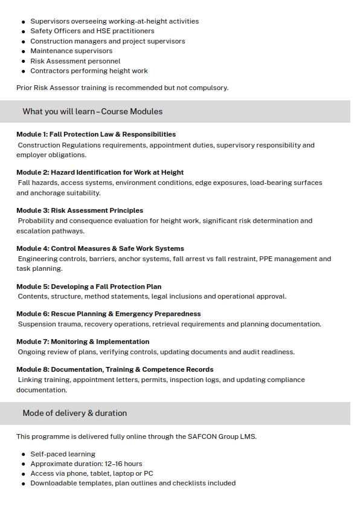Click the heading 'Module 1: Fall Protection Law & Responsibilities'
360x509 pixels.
click(x=96, y=134)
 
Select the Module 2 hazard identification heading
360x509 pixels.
click(x=100, y=172)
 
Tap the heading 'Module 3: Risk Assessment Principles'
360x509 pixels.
click(x=80, y=210)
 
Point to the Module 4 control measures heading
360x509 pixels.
click(x=100, y=248)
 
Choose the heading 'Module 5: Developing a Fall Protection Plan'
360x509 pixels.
click(x=89, y=287)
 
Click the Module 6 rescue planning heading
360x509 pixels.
click(x=108, y=314)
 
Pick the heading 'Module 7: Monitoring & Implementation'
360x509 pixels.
click(x=83, y=342)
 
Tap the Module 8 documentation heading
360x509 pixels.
click(x=115, y=369)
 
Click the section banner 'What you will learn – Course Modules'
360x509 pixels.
click(x=92, y=111)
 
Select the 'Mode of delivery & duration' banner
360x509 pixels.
click(x=75, y=413)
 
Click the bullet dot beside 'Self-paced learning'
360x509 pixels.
click(x=24, y=454)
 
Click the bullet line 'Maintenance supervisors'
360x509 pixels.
click(x=71, y=51)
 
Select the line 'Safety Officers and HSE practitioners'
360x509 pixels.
click(x=92, y=31)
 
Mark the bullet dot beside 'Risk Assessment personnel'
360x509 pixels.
click(x=24, y=61)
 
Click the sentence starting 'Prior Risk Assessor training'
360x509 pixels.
click(x=122, y=88)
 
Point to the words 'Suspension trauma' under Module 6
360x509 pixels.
click(x=46, y=324)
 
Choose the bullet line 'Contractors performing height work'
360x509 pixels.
click(x=89, y=71)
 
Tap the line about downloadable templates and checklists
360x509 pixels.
click(x=132, y=483)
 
